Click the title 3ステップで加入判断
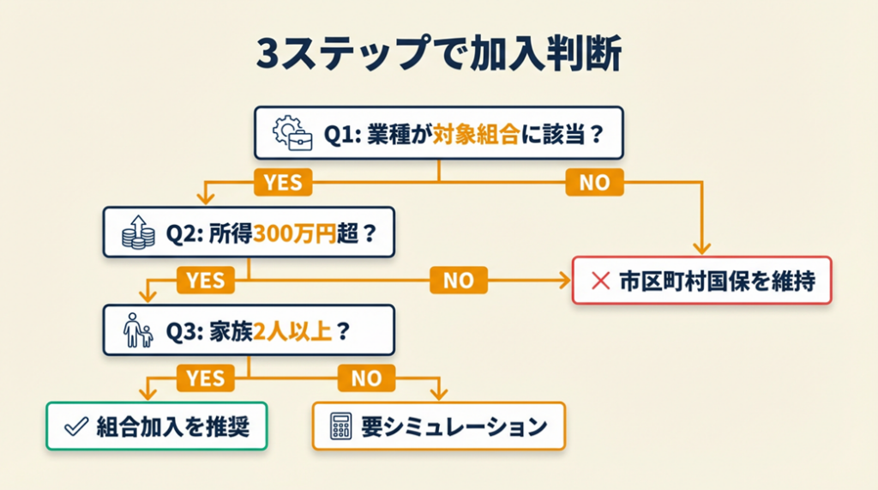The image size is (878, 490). point(438,57)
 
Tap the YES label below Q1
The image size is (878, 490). point(282,182)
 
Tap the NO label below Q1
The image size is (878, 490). point(593,182)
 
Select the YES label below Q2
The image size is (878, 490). point(206,279)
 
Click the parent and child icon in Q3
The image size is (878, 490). point(138,330)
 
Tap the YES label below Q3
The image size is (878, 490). point(206,377)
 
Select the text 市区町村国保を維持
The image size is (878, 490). point(714,280)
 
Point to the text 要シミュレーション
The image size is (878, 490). point(453,426)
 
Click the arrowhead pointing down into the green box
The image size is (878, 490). point(145,394)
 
